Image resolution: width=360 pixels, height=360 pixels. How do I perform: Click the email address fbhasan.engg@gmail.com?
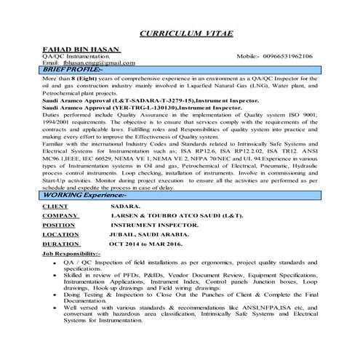89,63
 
